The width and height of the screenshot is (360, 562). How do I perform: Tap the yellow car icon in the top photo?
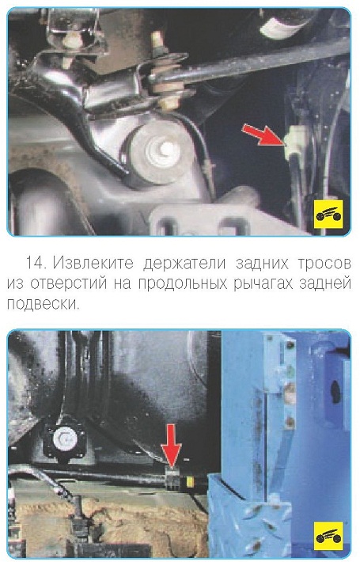tap(328, 214)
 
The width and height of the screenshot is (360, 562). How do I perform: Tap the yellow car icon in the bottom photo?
tap(328, 536)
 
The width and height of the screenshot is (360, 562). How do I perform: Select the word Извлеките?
tap(93, 263)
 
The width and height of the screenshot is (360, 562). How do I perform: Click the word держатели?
tap(184, 264)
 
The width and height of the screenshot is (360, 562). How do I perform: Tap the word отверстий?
tap(68, 284)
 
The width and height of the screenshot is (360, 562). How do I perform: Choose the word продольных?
tap(183, 284)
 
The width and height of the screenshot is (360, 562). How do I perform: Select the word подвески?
tap(42, 305)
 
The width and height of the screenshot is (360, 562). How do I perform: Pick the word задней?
tap(326, 284)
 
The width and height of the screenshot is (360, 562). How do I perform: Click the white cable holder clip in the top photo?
tap(294, 139)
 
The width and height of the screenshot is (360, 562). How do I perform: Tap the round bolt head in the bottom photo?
tap(63, 438)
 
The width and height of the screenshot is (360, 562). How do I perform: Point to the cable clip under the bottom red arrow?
tap(173, 478)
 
